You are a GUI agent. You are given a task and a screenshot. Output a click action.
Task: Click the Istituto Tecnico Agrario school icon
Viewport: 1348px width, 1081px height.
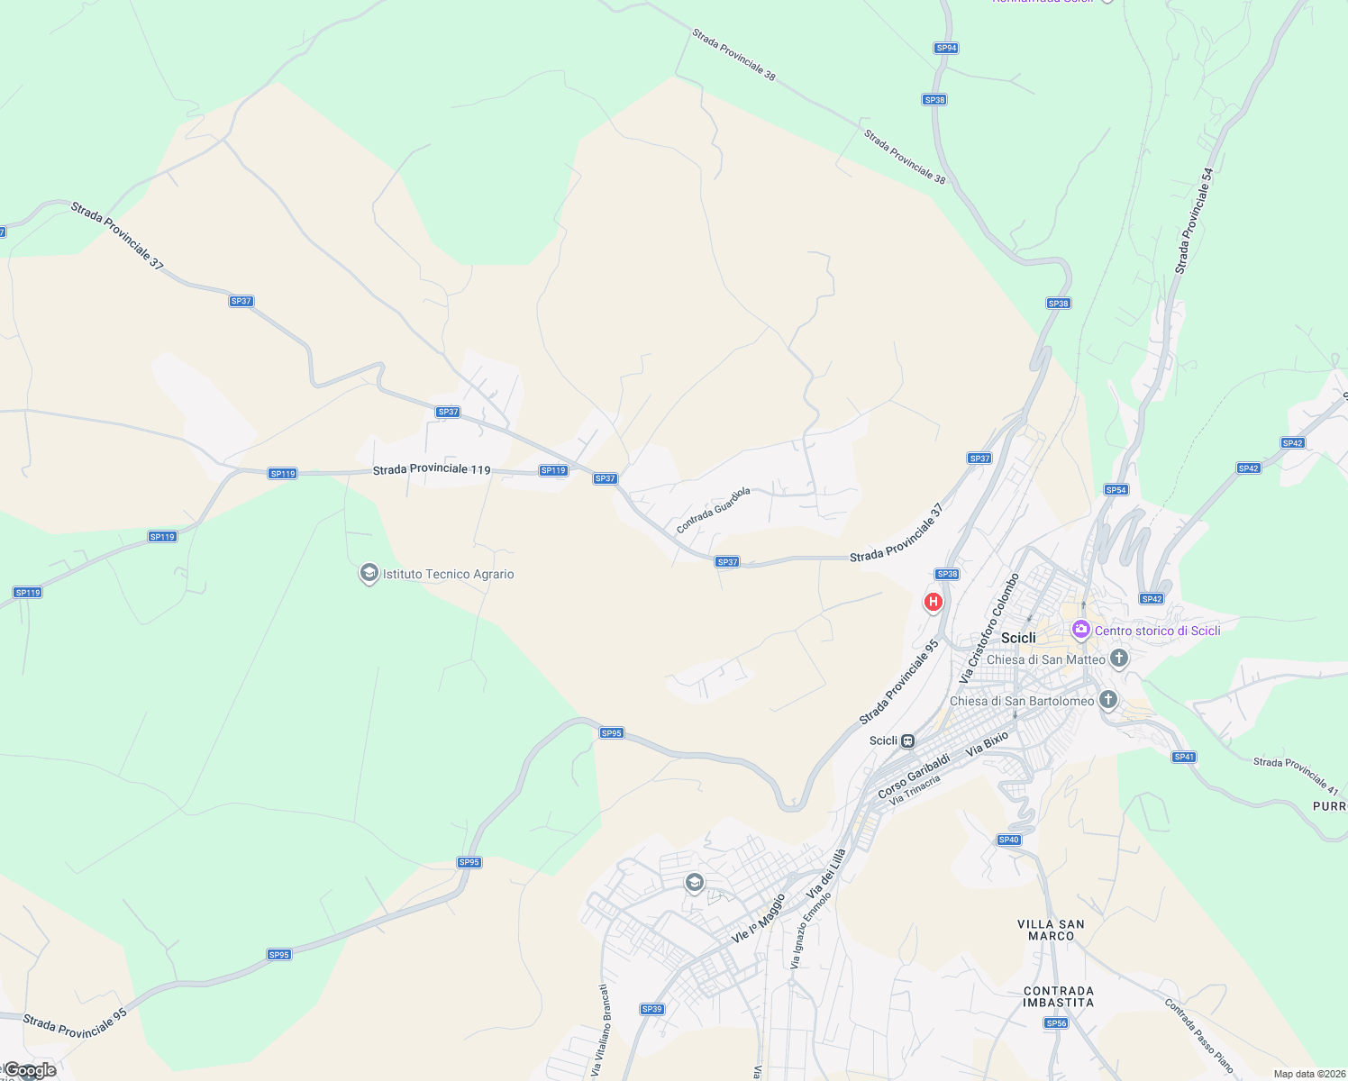[369, 573]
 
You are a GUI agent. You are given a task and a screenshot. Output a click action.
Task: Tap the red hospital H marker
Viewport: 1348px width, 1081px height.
[934, 601]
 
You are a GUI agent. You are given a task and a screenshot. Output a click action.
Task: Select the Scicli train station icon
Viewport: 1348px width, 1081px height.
[908, 741]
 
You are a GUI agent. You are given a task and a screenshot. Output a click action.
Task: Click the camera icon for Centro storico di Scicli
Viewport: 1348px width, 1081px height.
[1081, 630]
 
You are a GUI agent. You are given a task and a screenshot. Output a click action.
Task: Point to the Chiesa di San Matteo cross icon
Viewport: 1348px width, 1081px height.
[1119, 659]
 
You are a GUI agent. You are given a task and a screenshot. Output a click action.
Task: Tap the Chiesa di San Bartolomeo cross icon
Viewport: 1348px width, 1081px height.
[1108, 700]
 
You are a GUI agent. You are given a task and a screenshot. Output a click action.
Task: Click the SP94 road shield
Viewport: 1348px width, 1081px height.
[945, 49]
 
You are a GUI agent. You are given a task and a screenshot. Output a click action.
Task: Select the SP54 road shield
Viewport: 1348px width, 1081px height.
[1116, 490]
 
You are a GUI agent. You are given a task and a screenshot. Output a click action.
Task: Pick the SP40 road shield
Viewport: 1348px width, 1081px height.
[1008, 840]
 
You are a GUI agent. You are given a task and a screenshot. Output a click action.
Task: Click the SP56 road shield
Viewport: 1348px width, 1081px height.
[1056, 1023]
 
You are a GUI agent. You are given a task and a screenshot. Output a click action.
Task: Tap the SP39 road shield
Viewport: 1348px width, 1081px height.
[651, 1009]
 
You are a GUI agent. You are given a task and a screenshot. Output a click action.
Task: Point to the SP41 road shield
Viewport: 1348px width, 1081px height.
[1184, 757]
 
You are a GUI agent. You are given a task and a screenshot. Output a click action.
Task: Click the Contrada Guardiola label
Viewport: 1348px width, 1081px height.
[713, 511]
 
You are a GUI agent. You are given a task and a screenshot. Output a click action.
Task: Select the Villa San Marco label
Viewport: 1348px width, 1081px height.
[1051, 930]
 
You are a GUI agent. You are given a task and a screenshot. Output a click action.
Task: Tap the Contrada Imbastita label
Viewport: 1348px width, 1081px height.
[1059, 996]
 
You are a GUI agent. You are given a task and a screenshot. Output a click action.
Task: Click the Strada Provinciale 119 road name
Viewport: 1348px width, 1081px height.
[432, 469]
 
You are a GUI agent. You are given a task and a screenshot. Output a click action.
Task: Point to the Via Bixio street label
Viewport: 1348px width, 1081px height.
[987, 743]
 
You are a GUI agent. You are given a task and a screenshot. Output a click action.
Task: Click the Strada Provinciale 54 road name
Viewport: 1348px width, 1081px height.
[1194, 221]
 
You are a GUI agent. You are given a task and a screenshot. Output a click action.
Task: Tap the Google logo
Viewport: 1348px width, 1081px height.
[30, 1070]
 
